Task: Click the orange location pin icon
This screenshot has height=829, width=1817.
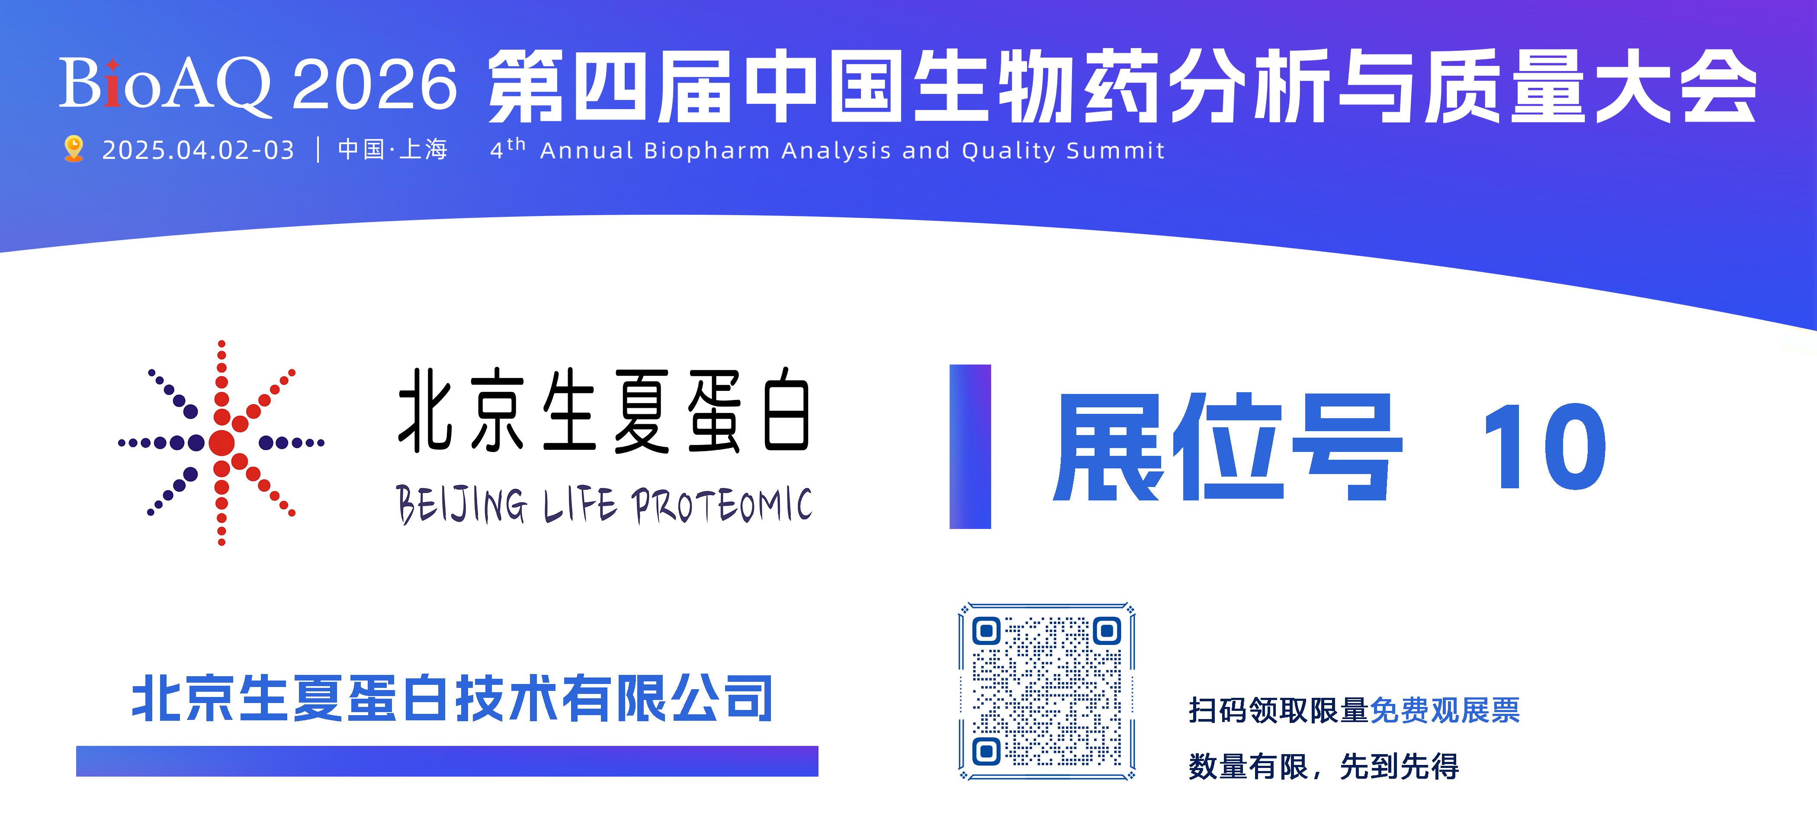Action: [x=74, y=149]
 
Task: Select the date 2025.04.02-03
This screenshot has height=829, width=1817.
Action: [x=198, y=150]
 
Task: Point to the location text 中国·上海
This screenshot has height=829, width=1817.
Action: [x=393, y=150]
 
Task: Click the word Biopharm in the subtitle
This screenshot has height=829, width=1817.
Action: [x=707, y=151]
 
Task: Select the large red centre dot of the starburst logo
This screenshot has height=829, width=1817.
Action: [x=222, y=443]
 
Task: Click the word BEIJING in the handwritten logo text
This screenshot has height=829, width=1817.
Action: [x=462, y=505]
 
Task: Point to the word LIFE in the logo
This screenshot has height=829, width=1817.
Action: [x=580, y=505]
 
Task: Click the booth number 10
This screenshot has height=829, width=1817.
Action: [x=1545, y=447]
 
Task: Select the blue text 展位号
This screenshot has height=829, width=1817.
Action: [x=1227, y=447]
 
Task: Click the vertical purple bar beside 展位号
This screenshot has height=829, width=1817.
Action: [x=970, y=447]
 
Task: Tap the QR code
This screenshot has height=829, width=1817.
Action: [x=1047, y=691]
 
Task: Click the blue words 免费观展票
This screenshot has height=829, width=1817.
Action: [x=1445, y=710]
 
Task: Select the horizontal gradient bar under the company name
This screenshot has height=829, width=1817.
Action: [x=447, y=761]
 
